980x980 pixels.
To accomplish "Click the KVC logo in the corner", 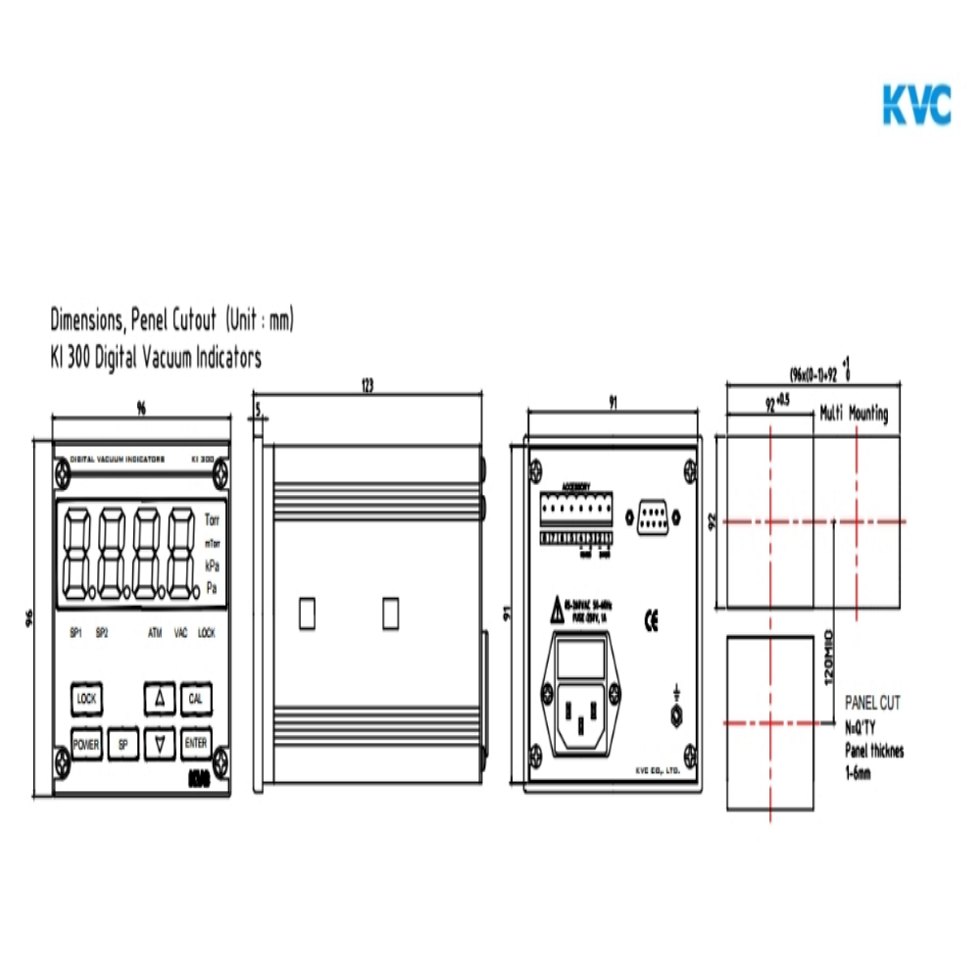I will [x=916, y=105].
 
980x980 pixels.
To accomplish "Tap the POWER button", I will [x=86, y=745].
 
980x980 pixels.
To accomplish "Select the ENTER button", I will [x=196, y=745].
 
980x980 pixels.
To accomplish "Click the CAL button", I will [x=196, y=699].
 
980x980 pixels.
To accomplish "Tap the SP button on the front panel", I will [x=123, y=745].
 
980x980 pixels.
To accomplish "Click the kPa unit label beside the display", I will [x=212, y=565].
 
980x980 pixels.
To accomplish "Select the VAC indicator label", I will [x=181, y=633].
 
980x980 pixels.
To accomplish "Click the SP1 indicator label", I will [x=75, y=633].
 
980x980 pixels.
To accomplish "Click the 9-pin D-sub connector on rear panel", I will [x=654, y=516].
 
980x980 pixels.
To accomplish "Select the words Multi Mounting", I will [x=855, y=415].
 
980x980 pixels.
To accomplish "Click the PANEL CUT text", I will [x=872, y=703].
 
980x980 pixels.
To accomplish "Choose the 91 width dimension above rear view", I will [x=612, y=401].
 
